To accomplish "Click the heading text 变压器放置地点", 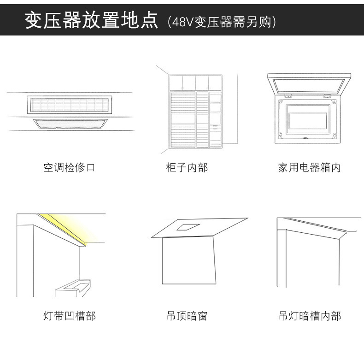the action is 91,21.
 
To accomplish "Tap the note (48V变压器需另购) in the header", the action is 222,22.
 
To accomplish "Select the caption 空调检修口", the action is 69,167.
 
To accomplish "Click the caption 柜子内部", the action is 187,167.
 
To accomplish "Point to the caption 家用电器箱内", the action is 309,167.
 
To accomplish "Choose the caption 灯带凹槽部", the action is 69,316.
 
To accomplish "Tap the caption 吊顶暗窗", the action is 187,316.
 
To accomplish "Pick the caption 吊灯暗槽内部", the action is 310,316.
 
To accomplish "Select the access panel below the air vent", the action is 70,123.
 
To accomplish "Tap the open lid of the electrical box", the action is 306,84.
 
